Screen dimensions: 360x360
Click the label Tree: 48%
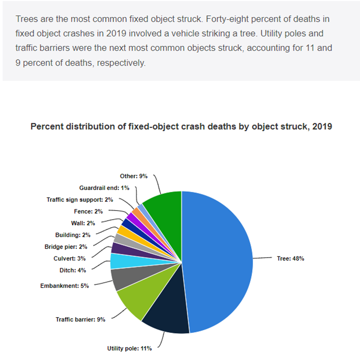pos(290,259)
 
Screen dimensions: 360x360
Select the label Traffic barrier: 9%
pos(80,319)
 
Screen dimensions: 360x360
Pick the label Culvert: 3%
pos(70,258)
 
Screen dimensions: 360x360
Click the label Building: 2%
pos(73,235)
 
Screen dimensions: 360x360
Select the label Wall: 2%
pos(83,223)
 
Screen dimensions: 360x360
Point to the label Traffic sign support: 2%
pos(80,200)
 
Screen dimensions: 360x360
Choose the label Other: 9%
pos(134,176)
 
